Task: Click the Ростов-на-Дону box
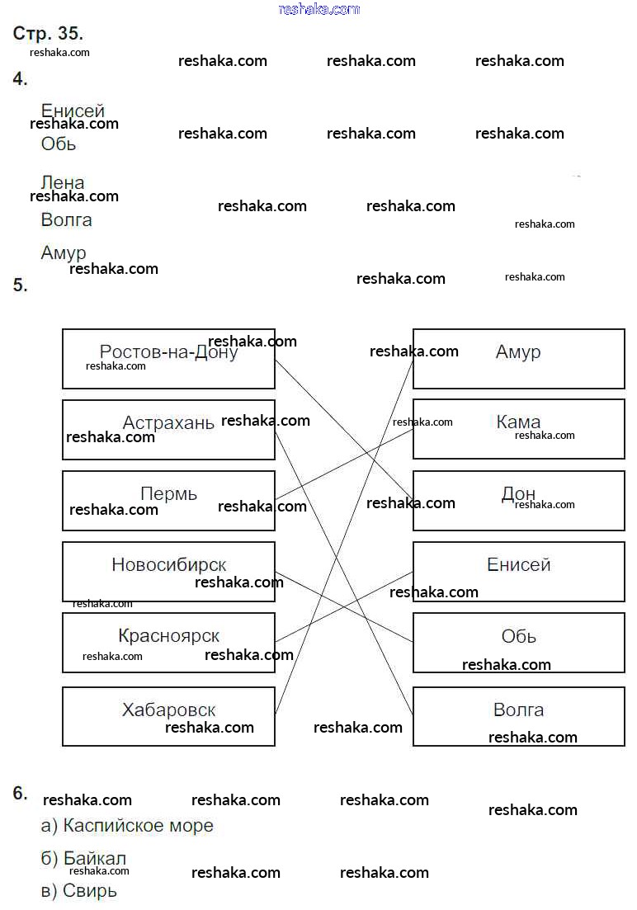click(x=168, y=358)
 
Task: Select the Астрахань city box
click(x=168, y=429)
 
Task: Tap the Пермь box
click(x=168, y=500)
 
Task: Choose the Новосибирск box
click(x=168, y=571)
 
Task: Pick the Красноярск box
click(x=168, y=642)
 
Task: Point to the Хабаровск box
click(x=168, y=715)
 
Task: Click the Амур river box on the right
click(x=518, y=358)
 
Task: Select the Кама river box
click(x=518, y=429)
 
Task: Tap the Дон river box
click(x=518, y=500)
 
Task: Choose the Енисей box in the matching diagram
click(x=518, y=571)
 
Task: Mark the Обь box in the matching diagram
click(x=518, y=642)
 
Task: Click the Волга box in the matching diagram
click(x=518, y=715)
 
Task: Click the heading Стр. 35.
click(x=48, y=34)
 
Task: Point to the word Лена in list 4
click(x=63, y=182)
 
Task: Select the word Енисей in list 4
click(x=73, y=111)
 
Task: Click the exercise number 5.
click(x=20, y=285)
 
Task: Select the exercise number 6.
click(x=20, y=793)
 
